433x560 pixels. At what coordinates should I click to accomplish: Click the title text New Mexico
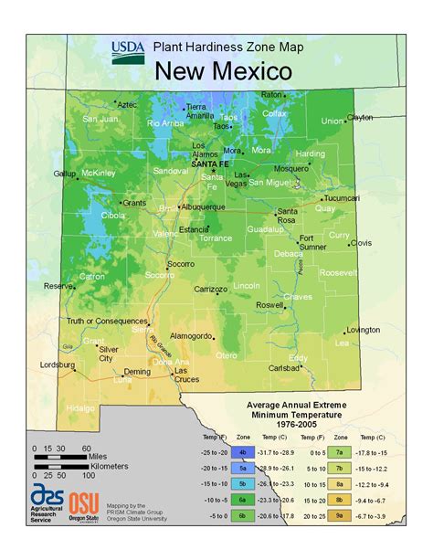tap(223, 70)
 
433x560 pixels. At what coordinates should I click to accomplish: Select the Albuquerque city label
tap(203, 206)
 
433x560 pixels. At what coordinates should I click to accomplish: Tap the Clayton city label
tap(359, 117)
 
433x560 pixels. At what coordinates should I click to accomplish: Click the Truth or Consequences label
tap(106, 321)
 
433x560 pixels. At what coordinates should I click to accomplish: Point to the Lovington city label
tap(363, 329)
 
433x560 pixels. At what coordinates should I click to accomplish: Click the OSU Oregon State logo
tap(84, 530)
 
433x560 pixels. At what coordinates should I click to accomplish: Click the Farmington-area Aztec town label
tap(126, 106)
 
